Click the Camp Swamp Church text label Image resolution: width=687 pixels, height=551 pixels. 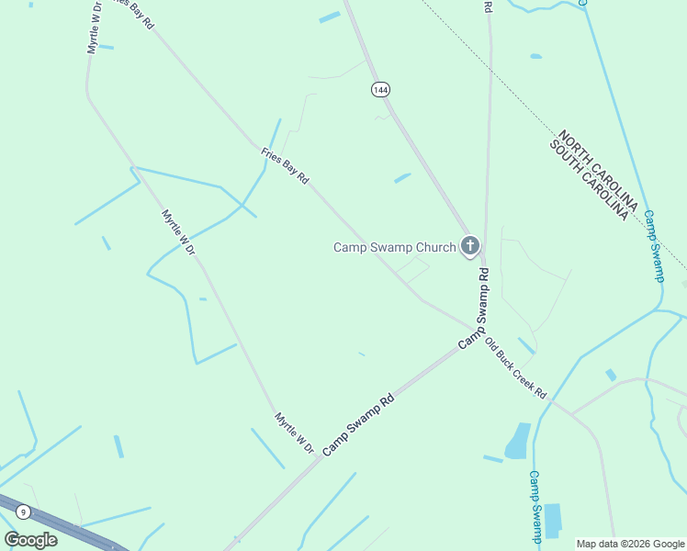[394, 247]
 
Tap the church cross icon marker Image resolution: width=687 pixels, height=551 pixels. [470, 245]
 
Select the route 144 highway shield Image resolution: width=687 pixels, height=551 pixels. [380, 89]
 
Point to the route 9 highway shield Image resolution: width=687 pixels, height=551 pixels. [23, 511]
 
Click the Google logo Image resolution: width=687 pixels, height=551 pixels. [30, 539]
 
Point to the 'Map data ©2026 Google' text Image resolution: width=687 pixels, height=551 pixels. [630, 544]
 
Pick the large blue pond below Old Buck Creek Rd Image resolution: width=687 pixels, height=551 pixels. [518, 441]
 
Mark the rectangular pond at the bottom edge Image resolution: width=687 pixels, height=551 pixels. [552, 521]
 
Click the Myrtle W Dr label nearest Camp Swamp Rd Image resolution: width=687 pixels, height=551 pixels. [295, 433]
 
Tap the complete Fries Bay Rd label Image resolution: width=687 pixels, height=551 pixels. [285, 166]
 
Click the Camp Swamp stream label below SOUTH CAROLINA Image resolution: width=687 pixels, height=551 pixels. [652, 244]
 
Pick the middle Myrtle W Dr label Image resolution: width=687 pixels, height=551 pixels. [179, 231]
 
